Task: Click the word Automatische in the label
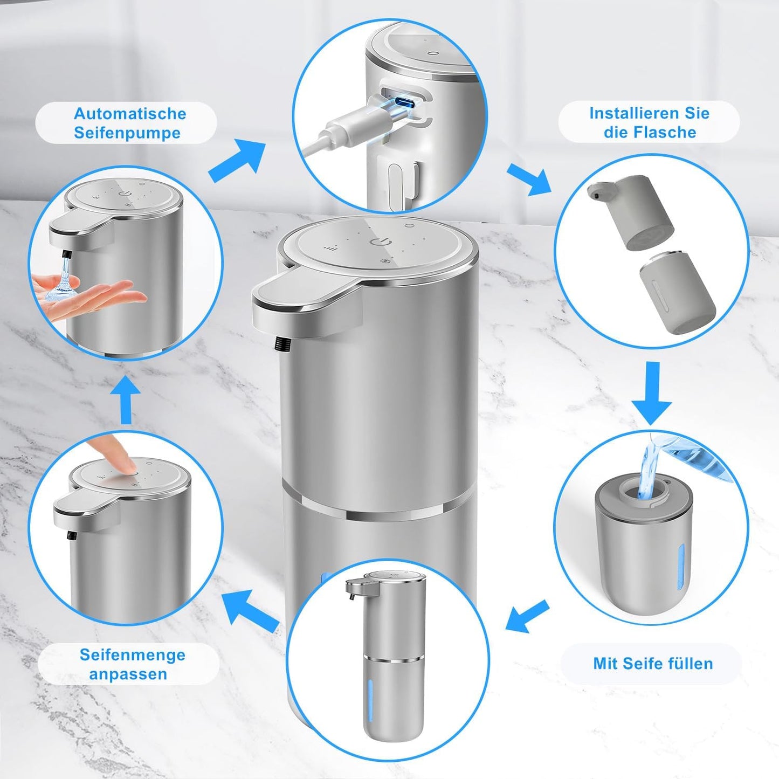tap(130, 114)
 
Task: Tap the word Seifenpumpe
tap(127, 133)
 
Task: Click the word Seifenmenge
tap(133, 655)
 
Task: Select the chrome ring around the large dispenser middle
tap(377, 512)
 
